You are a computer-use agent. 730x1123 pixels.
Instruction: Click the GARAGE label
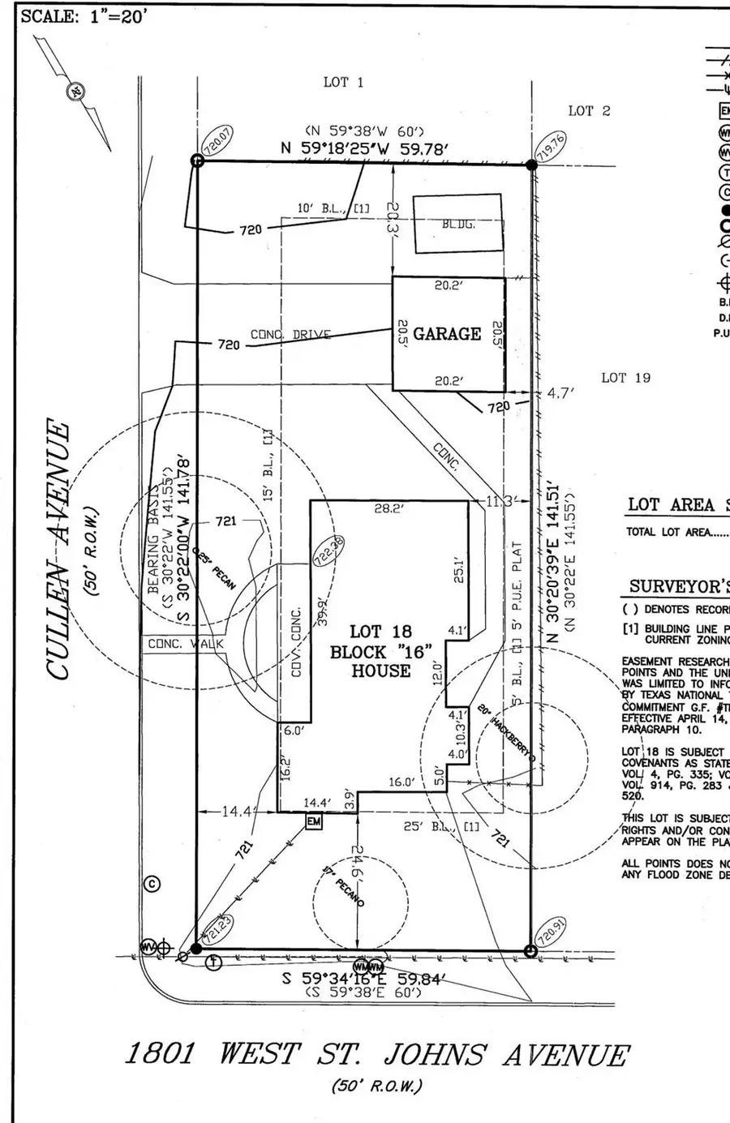[x=447, y=333]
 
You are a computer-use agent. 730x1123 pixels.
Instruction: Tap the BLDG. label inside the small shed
[x=458, y=224]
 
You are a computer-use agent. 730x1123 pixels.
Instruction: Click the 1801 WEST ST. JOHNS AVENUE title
[x=376, y=1055]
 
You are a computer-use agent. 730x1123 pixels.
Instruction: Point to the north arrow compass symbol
[x=75, y=92]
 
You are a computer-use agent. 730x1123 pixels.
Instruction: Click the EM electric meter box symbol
[x=313, y=822]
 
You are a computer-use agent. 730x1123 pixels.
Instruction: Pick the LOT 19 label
[x=625, y=377]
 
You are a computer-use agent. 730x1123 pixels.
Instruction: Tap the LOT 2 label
[x=589, y=110]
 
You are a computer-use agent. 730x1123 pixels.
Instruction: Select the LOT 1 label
[x=344, y=82]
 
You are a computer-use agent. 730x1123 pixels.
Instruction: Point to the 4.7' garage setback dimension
[x=560, y=393]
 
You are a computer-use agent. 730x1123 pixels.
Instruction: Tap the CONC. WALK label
[x=185, y=645]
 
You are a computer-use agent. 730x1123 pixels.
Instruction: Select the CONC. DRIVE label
[x=290, y=334]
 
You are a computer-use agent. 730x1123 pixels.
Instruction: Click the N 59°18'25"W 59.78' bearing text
[x=365, y=148]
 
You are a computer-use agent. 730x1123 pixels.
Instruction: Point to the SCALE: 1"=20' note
[x=84, y=17]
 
